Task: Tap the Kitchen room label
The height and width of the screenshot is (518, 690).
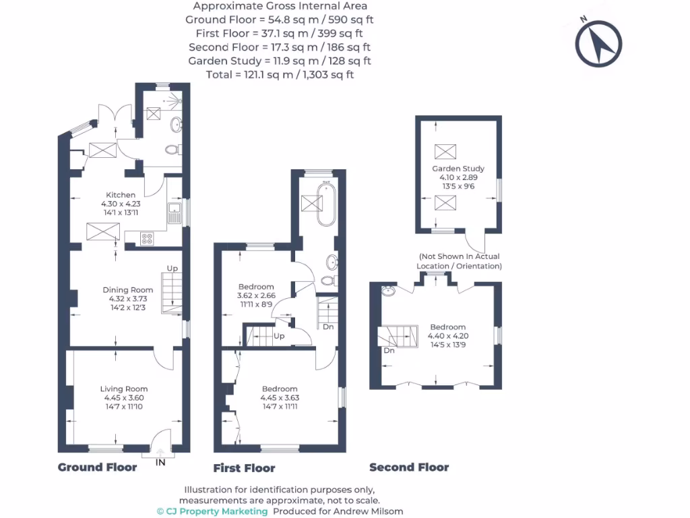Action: [121, 195]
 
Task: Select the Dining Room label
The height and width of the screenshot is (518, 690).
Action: [127, 290]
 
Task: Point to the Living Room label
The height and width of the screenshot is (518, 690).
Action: [124, 389]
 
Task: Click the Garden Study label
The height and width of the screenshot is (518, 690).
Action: [458, 169]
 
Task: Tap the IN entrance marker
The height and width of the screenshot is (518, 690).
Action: [160, 462]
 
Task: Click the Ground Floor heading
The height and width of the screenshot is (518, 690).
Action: [97, 467]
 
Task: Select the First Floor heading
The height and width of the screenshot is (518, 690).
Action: [244, 468]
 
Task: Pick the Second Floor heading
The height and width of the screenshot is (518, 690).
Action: [409, 467]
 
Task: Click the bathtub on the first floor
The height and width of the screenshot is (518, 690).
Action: [326, 204]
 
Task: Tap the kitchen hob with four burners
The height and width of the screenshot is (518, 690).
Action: [147, 239]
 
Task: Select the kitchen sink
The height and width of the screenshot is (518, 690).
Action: [175, 212]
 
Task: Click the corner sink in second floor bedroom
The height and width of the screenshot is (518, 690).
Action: [388, 291]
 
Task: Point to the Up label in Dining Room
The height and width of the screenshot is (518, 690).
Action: [172, 268]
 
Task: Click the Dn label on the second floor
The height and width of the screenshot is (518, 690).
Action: [389, 351]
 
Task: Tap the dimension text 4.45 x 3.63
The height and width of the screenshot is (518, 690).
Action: [280, 398]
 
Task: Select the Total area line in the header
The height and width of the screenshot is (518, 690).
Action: [280, 74]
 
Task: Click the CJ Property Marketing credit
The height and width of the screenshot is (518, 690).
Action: [212, 511]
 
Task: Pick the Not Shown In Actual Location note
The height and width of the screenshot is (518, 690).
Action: [459, 261]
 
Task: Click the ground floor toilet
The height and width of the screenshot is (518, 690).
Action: [173, 150]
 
